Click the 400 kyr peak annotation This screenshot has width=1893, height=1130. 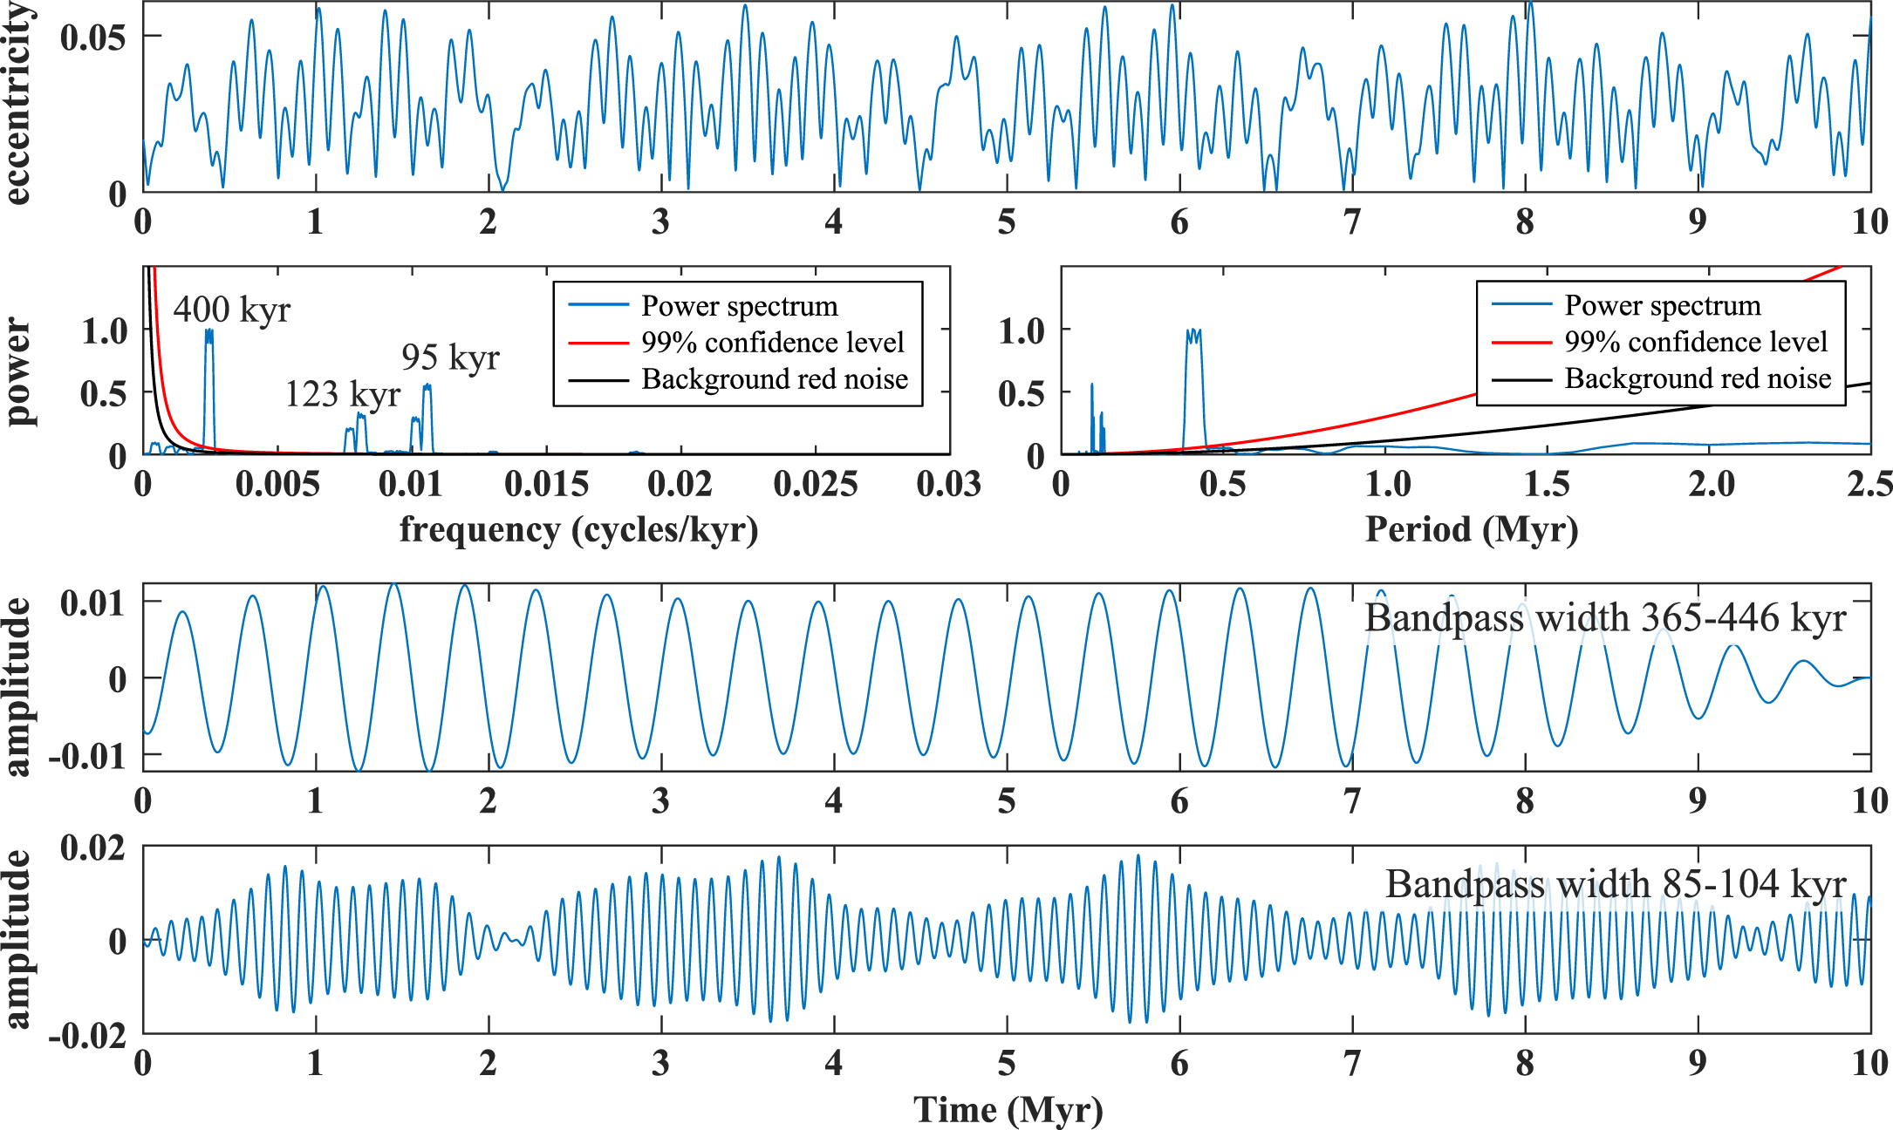click(x=231, y=310)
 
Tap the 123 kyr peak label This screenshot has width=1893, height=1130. click(x=342, y=394)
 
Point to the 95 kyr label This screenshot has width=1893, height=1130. click(x=450, y=357)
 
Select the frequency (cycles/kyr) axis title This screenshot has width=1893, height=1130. click(x=578, y=529)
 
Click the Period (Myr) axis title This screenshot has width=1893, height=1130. click(x=1472, y=529)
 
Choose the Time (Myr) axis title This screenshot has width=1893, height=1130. click(x=1008, y=1110)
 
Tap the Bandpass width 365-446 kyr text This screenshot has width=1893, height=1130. click(x=1605, y=617)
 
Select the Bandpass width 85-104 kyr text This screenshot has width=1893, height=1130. click(x=1616, y=883)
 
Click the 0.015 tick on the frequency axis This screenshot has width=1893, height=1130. click(x=547, y=484)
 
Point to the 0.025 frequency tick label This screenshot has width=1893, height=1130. click(x=816, y=484)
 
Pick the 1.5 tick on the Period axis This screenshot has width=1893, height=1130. click(x=1547, y=484)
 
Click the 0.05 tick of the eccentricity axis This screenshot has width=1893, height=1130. click(x=92, y=37)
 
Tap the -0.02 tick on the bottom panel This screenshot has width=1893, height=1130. click(x=87, y=1036)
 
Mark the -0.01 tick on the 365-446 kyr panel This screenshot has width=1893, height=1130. click(x=87, y=756)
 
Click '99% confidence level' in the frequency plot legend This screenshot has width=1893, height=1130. click(x=772, y=343)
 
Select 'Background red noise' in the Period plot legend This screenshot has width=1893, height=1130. click(x=1697, y=378)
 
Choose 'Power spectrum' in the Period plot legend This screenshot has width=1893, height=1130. click(x=1662, y=305)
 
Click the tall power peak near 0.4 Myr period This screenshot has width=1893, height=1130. click(x=1194, y=332)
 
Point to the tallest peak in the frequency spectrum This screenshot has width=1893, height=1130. click(x=208, y=331)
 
